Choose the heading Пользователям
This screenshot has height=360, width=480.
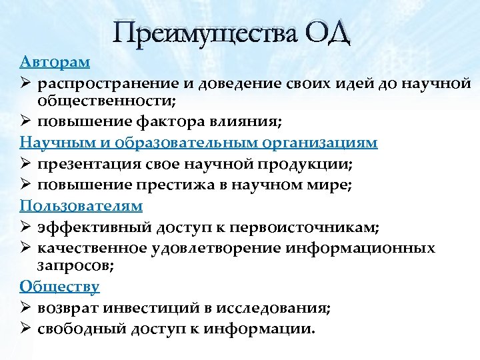click(x=81, y=205)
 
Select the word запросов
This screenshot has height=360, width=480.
click(x=72, y=266)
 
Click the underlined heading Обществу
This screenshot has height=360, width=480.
click(x=59, y=287)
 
